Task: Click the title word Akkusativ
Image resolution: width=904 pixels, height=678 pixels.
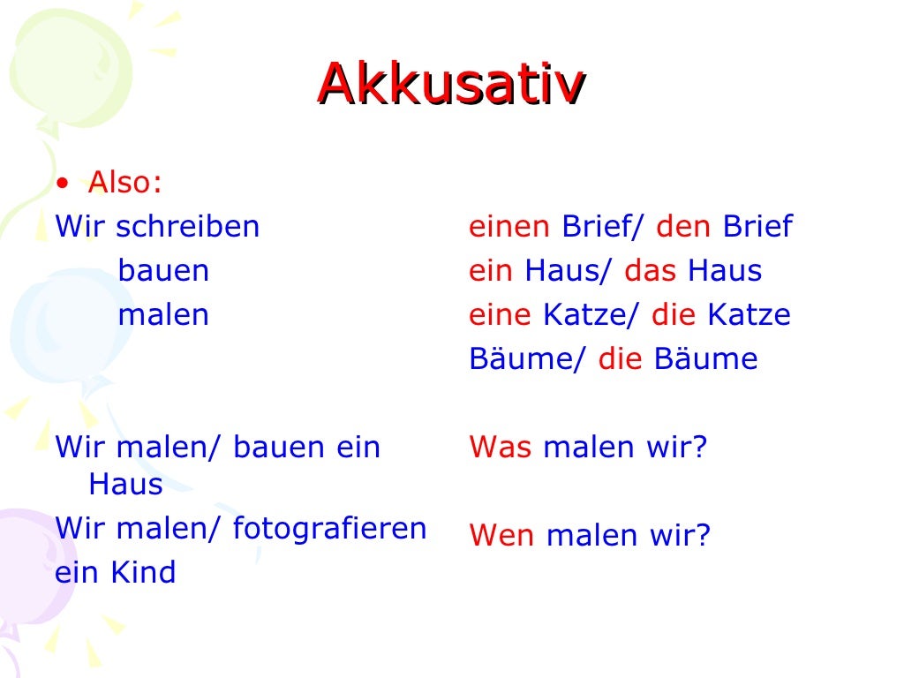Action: click(451, 84)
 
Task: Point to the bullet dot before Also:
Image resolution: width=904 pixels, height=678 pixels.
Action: click(61, 184)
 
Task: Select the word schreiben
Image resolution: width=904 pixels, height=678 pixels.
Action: click(188, 227)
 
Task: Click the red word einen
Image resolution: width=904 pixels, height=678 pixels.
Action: click(509, 227)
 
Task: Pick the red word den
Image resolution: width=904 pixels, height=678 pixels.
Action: click(683, 227)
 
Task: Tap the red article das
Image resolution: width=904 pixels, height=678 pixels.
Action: click(650, 271)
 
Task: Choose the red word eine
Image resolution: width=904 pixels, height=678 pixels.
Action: click(500, 315)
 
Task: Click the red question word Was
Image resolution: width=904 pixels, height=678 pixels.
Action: click(501, 448)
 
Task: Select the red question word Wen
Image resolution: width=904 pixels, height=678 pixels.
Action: click(501, 536)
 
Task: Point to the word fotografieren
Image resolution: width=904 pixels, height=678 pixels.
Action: click(330, 529)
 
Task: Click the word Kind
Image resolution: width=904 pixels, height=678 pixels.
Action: click(143, 573)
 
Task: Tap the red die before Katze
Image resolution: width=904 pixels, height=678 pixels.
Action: click(668, 315)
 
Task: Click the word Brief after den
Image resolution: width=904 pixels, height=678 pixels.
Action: click(757, 227)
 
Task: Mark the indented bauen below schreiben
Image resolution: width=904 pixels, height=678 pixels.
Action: click(163, 271)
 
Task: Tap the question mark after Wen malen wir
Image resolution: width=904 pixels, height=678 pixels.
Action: click(703, 536)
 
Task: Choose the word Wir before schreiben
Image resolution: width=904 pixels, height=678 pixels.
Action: click(80, 227)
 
